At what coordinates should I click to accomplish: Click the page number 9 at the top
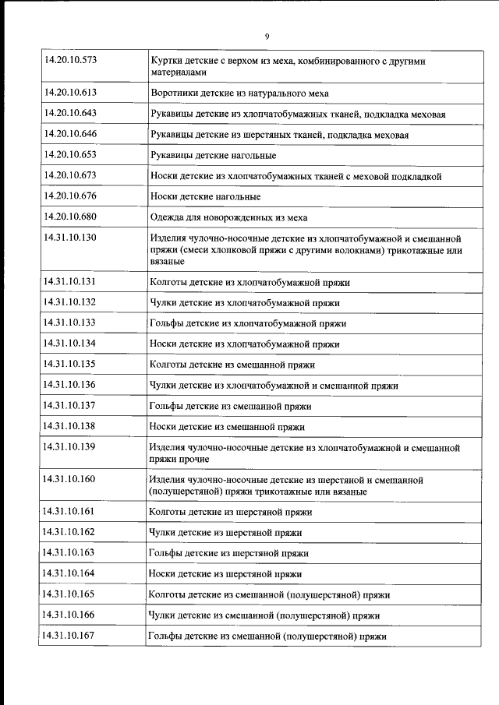click(x=267, y=37)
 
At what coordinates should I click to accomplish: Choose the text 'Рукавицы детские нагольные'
click(x=207, y=156)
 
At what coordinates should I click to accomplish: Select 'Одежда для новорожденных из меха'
click(x=221, y=217)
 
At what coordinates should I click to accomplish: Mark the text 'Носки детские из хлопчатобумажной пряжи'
click(x=245, y=344)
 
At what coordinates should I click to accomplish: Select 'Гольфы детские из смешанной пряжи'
click(x=230, y=406)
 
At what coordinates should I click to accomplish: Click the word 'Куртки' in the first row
click(x=166, y=60)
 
